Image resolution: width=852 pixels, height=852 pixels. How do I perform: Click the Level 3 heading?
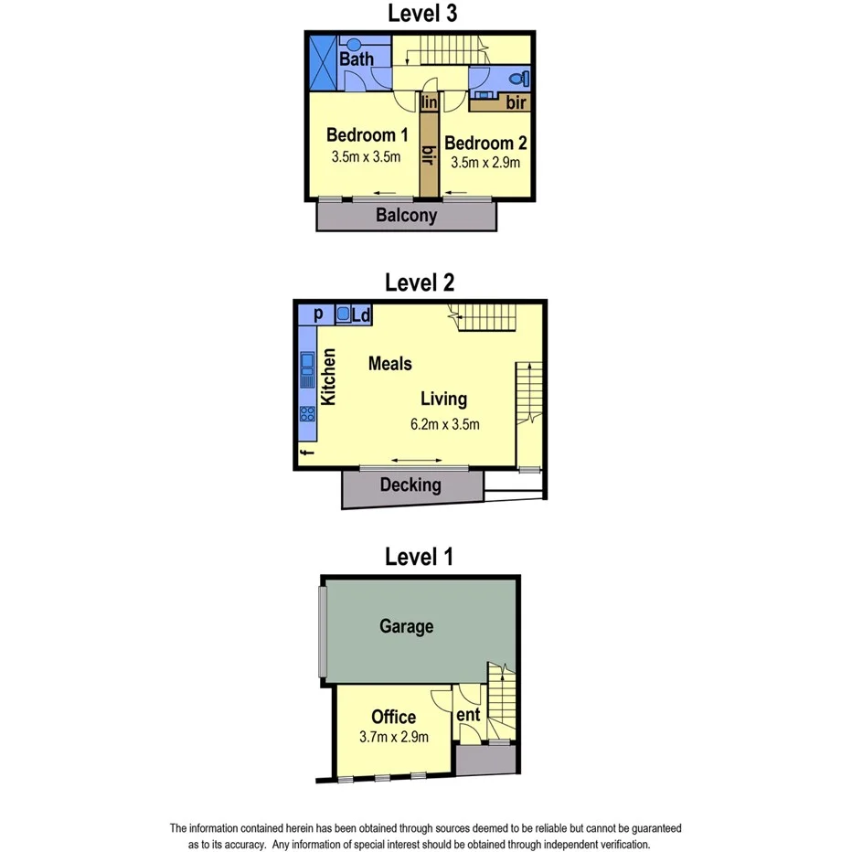tap(422, 14)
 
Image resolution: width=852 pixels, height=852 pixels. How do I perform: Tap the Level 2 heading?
tap(420, 282)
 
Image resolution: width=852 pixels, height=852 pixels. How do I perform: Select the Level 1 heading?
tap(420, 556)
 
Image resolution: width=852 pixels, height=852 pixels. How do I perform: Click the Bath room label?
tap(357, 59)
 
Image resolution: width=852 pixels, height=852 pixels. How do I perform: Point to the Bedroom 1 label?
tap(366, 135)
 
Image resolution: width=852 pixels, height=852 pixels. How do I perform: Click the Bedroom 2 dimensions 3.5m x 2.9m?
tap(485, 163)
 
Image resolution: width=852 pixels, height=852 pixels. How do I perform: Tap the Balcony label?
tap(407, 217)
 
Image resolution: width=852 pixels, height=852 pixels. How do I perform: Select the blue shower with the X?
tap(322, 61)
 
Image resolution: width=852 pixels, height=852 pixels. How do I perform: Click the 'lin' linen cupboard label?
tap(430, 103)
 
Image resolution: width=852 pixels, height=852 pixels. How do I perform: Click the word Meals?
tap(390, 363)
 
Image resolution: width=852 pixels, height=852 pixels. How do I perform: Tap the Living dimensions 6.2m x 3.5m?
tap(445, 423)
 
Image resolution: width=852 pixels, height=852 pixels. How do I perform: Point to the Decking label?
tap(410, 485)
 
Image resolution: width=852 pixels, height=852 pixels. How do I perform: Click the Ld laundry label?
tap(360, 315)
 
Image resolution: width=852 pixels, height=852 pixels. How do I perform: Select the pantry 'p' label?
tap(319, 314)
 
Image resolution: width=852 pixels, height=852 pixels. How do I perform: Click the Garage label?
tap(407, 626)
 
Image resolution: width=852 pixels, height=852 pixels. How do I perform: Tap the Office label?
tap(394, 718)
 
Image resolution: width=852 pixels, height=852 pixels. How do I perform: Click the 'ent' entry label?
tap(468, 714)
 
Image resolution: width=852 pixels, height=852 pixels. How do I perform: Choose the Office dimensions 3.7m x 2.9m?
tap(394, 737)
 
